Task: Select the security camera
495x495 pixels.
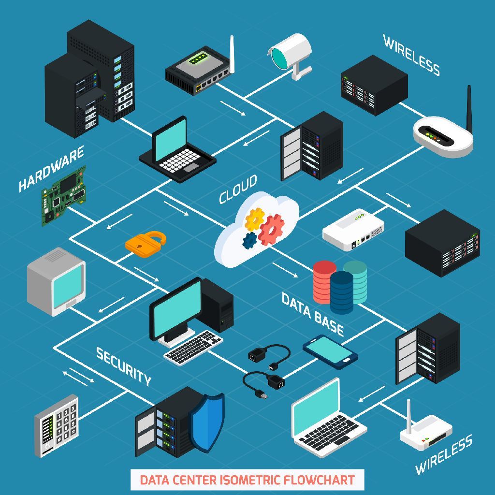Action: point(291,53)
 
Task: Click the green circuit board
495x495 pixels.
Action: point(64,196)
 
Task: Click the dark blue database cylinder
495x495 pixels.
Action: point(342,292)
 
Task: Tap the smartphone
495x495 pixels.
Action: point(330,351)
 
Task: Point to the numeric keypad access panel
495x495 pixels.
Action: point(57,425)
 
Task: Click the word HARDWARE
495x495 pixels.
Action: point(51,169)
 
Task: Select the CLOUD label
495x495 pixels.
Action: point(238,189)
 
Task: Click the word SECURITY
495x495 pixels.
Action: point(124,366)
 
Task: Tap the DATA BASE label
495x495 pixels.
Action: point(313,314)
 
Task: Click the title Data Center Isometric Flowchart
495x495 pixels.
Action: point(247,480)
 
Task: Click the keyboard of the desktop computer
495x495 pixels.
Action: point(193,347)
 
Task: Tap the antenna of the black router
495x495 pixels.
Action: point(232,53)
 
